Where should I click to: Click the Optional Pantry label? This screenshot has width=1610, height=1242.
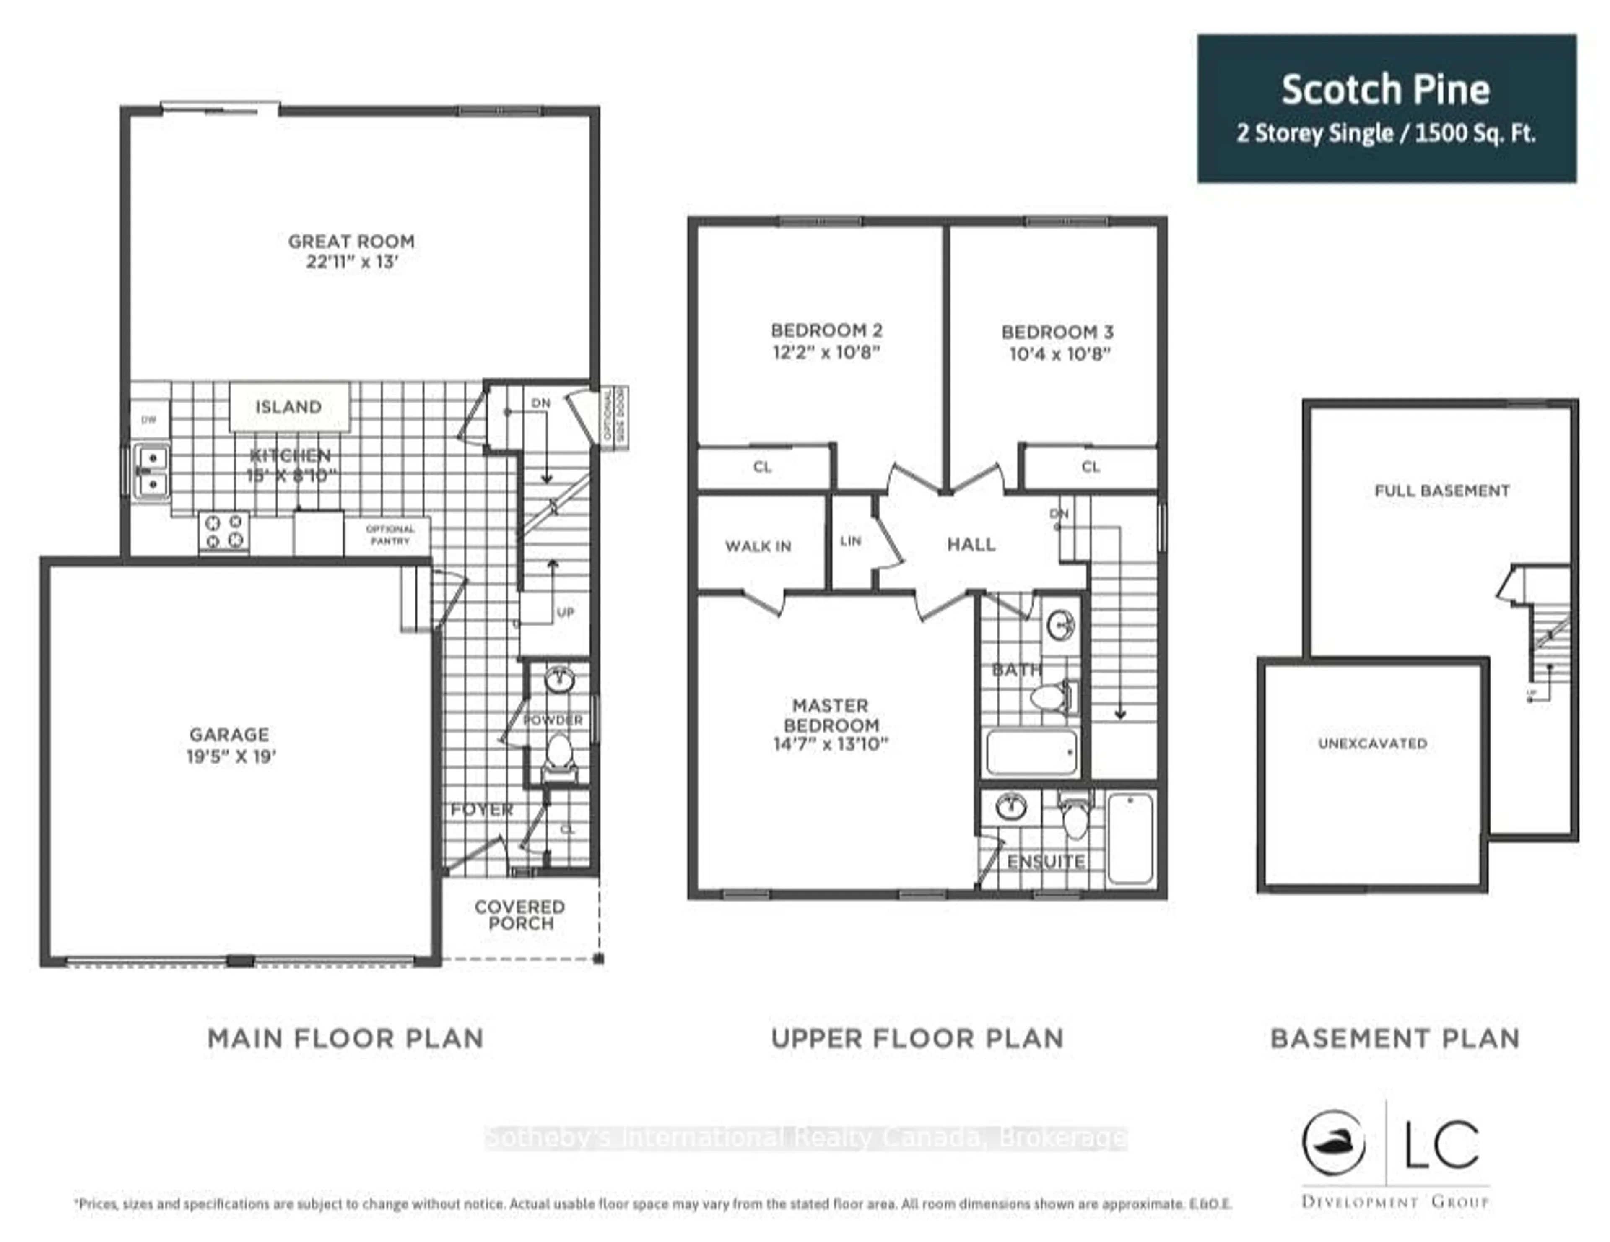tap(390, 534)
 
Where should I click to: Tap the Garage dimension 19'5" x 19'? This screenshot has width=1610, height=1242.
tap(231, 756)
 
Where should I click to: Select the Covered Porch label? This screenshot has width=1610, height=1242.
tap(520, 915)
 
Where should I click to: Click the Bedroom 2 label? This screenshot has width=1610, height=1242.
tap(826, 330)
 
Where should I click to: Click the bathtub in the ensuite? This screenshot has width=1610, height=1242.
tap(1130, 838)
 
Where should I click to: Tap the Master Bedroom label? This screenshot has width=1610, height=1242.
tap(831, 715)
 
